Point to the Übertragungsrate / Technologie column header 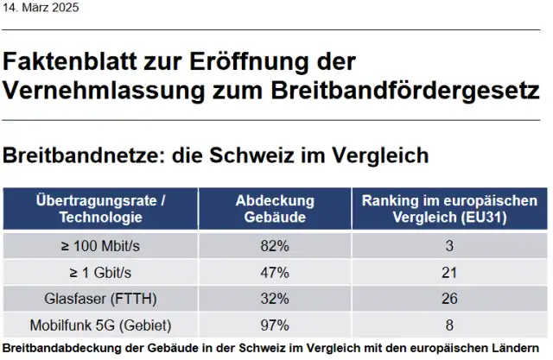101,208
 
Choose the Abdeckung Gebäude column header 275,208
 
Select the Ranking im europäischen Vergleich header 449,208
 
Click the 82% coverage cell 275,246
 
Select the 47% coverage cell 275,273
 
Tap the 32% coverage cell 275,300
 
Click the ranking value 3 449,246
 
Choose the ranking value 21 449,273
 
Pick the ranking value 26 449,300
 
